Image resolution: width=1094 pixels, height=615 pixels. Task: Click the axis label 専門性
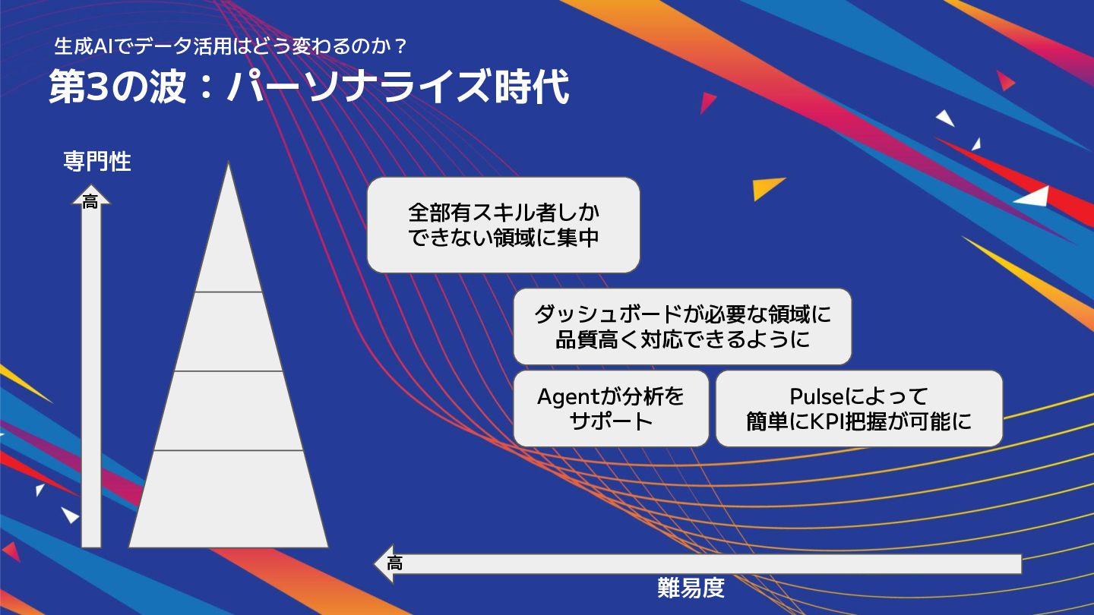click(96, 162)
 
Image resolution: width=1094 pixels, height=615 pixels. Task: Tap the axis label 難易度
click(691, 588)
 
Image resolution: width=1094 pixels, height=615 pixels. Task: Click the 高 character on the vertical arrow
click(90, 203)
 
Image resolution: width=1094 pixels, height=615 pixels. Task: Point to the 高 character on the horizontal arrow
click(394, 564)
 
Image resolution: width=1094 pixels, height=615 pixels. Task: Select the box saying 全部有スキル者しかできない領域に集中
click(503, 225)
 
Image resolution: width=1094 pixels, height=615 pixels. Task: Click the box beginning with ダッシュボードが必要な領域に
click(682, 326)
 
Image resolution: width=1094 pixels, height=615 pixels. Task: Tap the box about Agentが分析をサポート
click(611, 408)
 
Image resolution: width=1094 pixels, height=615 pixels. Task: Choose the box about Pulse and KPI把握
click(858, 408)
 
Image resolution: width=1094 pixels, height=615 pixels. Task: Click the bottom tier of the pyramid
click(228, 499)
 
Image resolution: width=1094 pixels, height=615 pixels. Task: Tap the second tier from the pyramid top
click(228, 331)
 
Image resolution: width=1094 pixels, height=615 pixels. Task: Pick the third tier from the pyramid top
click(228, 411)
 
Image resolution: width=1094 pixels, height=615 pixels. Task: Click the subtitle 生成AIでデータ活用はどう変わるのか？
click(232, 47)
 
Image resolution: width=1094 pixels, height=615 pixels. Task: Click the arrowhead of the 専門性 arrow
click(91, 197)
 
